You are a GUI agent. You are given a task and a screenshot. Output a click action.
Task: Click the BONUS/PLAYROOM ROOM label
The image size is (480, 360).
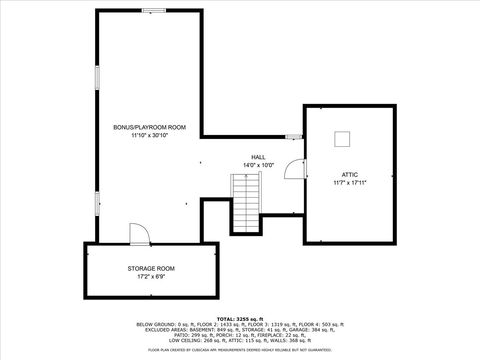[x=150, y=127]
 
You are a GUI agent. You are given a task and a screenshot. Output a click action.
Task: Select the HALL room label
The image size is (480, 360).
[x=258, y=157]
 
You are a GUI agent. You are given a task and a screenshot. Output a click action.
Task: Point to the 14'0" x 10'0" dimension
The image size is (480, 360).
[x=258, y=165]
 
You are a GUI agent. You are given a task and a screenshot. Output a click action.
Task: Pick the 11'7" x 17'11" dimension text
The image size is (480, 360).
[x=348, y=183]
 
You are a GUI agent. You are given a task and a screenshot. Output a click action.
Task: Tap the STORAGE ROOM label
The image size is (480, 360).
[x=151, y=268]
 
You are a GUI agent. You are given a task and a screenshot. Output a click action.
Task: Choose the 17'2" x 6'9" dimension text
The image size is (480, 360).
[x=151, y=276]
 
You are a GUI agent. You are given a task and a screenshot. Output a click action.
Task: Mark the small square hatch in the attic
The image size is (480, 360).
[x=343, y=138]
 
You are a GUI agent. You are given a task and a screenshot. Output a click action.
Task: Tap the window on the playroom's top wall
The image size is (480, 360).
[x=154, y=11]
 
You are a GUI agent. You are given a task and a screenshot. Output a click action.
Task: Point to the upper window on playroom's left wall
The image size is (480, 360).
[x=96, y=77]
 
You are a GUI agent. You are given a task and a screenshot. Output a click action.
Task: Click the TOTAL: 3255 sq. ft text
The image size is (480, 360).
[x=240, y=317]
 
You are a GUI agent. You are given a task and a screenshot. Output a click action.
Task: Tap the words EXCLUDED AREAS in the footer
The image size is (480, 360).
[x=157, y=330]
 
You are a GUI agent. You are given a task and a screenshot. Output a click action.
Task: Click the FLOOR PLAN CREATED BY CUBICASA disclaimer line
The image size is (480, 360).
[x=240, y=350]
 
